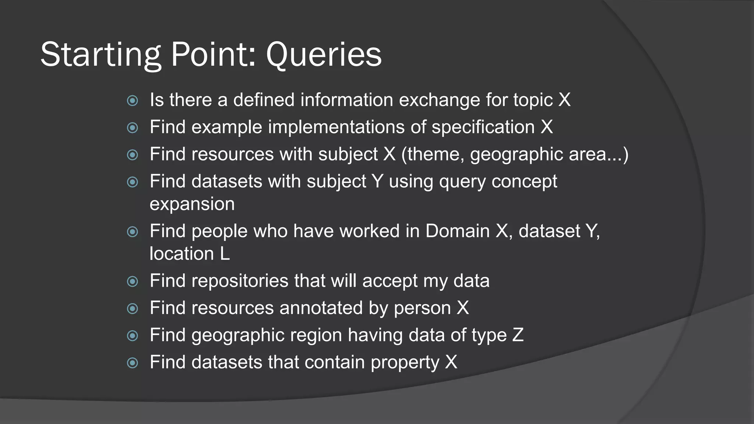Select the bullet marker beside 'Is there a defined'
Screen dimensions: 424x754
[x=132, y=100]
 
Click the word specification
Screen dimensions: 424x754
[x=483, y=127]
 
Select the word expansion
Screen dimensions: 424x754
[x=192, y=204]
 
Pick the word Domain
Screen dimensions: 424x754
[x=458, y=231]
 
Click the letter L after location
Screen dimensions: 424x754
[x=225, y=254]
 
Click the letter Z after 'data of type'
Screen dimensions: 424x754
[x=518, y=335]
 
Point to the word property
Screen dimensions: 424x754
[x=405, y=363]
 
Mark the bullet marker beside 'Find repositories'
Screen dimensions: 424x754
[x=132, y=282]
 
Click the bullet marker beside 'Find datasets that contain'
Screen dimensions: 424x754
[x=132, y=363]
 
